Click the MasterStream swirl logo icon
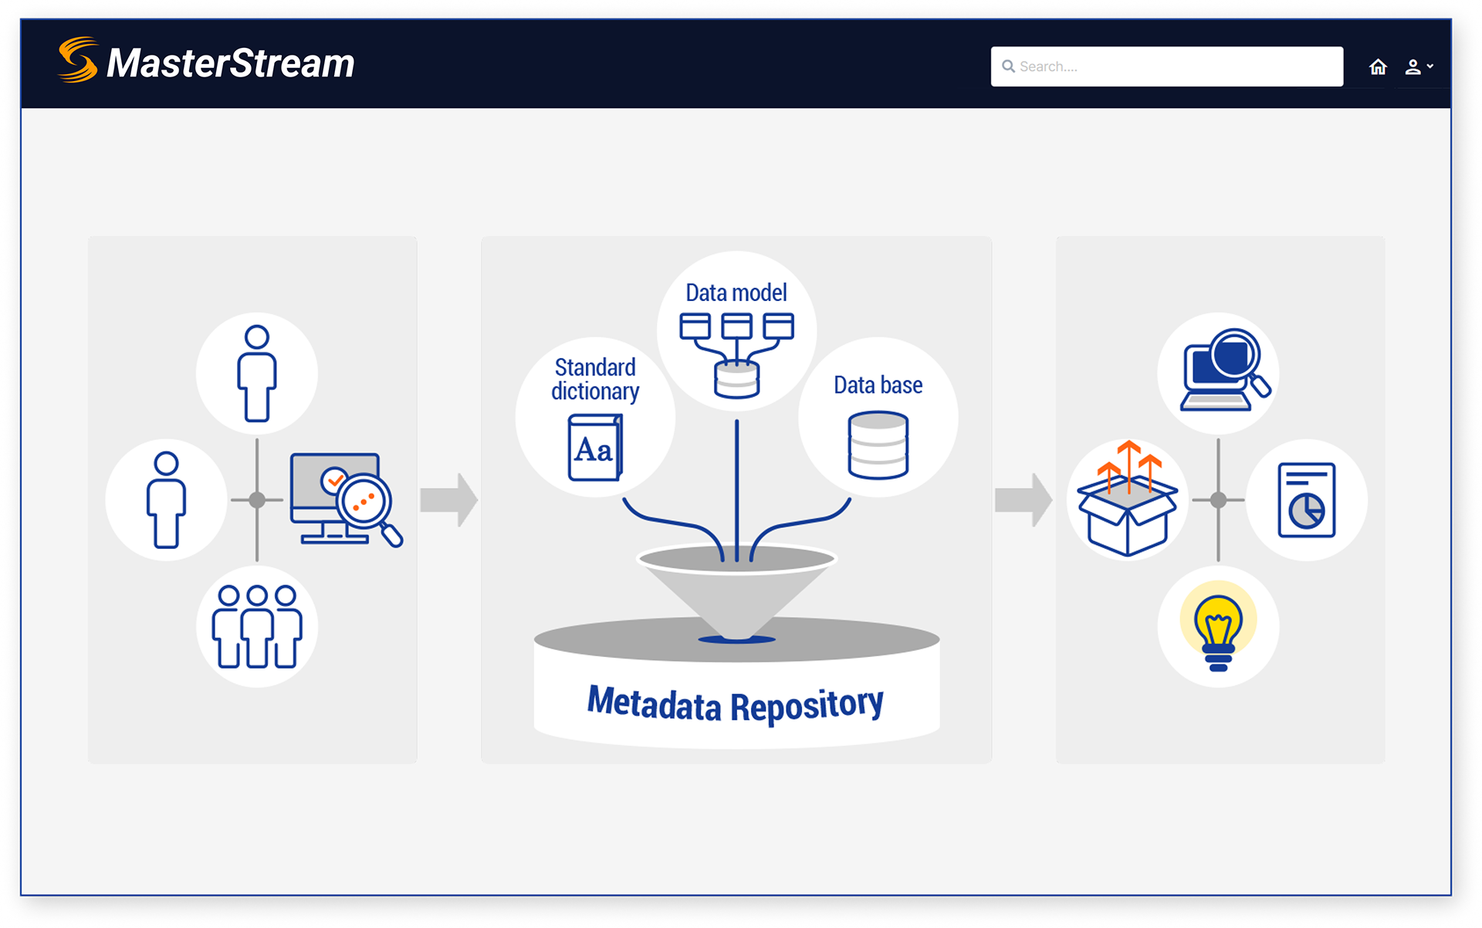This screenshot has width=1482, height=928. [78, 60]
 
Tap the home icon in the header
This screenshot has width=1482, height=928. [1378, 67]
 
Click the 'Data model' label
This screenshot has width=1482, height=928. [736, 293]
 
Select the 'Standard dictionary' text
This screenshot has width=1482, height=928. [595, 379]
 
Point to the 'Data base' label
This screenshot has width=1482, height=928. [878, 384]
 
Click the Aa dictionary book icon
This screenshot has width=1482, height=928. [595, 448]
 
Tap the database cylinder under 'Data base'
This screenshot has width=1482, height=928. [878, 445]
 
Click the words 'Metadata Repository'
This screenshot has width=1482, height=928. [735, 704]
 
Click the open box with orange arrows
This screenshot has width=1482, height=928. [1128, 502]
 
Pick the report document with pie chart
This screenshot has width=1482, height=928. [1306, 500]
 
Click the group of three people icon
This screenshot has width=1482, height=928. [257, 626]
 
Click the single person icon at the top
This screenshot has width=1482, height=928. [257, 374]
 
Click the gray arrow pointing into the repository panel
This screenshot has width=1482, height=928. [449, 500]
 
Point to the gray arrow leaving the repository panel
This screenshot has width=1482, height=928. [1024, 500]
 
